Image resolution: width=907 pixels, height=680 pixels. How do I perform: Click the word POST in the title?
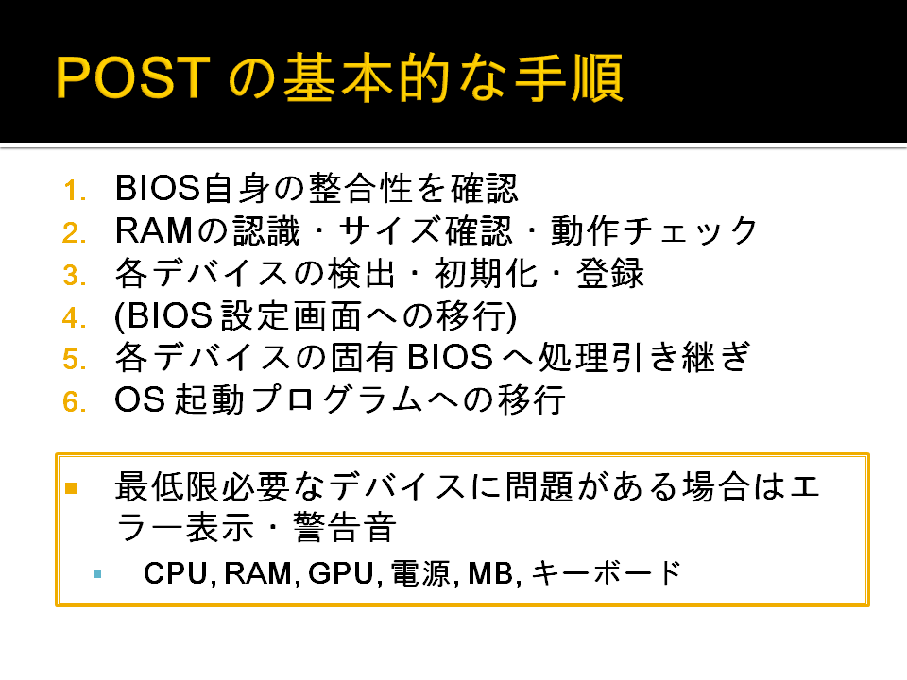click(133, 77)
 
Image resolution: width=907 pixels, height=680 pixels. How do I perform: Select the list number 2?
click(75, 233)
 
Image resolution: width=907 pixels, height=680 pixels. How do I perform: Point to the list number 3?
click(75, 275)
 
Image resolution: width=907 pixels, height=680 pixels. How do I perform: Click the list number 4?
click(75, 318)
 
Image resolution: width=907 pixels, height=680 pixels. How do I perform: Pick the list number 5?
click(75, 360)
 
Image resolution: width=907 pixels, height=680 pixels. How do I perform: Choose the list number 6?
click(75, 402)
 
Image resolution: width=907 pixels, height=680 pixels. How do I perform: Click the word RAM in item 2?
click(154, 230)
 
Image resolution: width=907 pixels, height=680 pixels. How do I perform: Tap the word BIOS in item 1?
click(158, 188)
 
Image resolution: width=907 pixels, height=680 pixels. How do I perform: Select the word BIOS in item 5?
click(451, 357)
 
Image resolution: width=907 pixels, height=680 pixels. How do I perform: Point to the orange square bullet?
click(71, 488)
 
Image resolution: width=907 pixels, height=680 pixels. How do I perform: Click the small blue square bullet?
click(97, 573)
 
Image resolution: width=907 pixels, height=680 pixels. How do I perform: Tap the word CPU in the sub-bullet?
click(176, 573)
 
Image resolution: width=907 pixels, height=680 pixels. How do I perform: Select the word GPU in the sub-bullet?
click(341, 573)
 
